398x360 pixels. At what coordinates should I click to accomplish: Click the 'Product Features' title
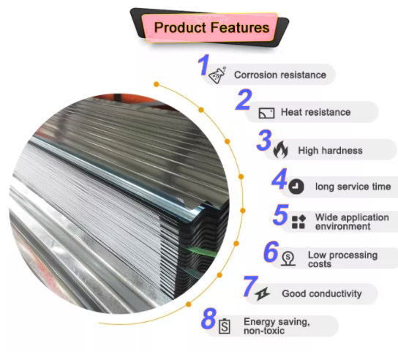(211, 27)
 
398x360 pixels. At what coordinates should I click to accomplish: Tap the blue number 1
(203, 65)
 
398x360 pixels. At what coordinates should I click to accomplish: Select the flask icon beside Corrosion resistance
(217, 75)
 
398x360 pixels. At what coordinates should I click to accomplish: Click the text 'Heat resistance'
(315, 112)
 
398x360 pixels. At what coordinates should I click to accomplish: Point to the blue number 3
(264, 140)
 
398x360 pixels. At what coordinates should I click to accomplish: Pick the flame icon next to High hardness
(281, 149)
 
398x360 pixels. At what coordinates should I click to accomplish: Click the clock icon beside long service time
(296, 187)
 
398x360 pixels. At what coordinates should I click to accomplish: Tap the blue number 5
(281, 215)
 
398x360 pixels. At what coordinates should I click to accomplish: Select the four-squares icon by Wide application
(298, 222)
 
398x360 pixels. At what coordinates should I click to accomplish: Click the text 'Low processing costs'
(342, 259)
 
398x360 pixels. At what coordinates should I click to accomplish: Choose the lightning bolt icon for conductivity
(263, 294)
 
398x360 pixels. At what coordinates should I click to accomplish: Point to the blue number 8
(209, 318)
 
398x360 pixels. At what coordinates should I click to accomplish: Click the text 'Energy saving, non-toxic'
(277, 326)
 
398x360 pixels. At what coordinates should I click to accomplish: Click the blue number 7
(250, 286)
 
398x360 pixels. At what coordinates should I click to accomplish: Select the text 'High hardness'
(330, 150)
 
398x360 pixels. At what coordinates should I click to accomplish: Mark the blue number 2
(244, 100)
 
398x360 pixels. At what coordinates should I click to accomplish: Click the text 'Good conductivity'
(322, 293)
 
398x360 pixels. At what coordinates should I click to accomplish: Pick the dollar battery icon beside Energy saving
(225, 326)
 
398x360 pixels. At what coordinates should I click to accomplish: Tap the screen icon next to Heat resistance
(266, 113)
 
